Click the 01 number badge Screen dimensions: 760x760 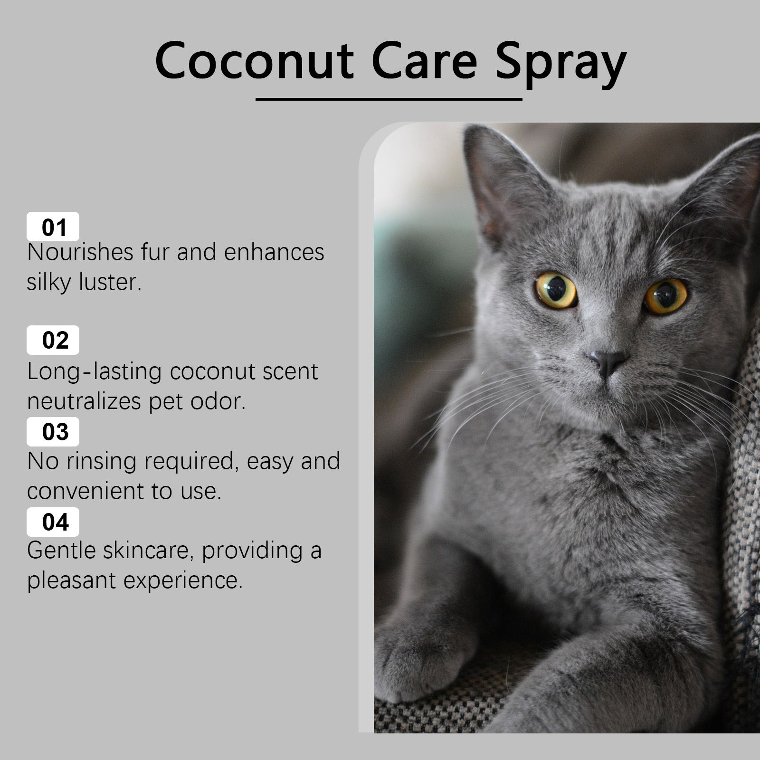point(53,227)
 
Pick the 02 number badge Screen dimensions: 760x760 point(53,340)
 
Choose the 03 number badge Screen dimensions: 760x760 point(53,431)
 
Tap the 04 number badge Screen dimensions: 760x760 point(53,522)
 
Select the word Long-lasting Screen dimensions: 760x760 point(94,371)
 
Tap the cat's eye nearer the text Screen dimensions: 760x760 point(555,289)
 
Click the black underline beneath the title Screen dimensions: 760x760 point(389,99)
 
